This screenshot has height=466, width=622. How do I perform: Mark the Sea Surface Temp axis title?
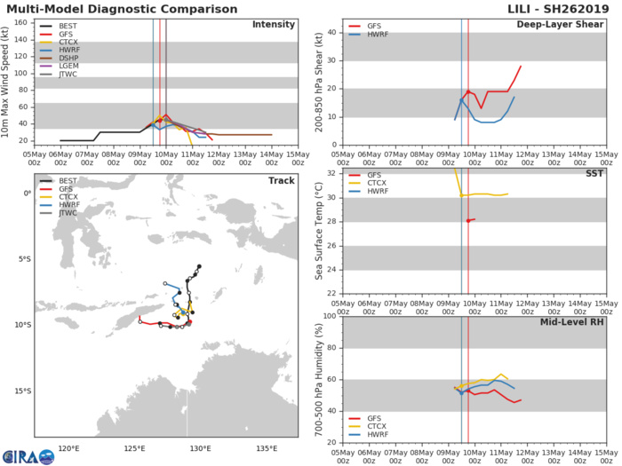(317, 232)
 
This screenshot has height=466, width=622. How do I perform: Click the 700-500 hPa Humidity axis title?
(317, 379)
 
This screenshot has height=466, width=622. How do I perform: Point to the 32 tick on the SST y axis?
(331, 173)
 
